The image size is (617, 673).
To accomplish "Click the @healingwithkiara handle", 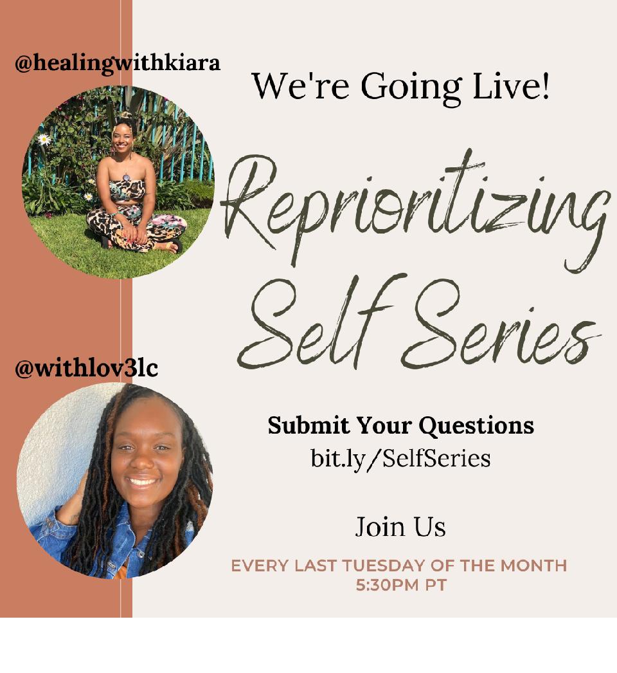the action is click(x=118, y=64).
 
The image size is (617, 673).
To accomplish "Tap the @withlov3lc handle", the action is click(x=86, y=368).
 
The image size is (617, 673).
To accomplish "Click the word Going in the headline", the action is click(x=411, y=88).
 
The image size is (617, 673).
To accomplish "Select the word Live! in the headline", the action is click(x=511, y=85).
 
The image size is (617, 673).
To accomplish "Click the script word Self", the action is click(x=315, y=322).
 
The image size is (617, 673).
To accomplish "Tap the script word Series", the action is click(x=499, y=331).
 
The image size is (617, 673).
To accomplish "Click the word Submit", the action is click(x=308, y=425).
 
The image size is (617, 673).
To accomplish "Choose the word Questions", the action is click(x=476, y=427).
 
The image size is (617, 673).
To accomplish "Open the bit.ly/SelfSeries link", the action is click(x=400, y=458).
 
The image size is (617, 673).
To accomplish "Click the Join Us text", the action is click(x=400, y=527).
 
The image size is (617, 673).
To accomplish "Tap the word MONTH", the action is click(x=534, y=566).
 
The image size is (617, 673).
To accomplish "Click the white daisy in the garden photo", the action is click(x=44, y=139).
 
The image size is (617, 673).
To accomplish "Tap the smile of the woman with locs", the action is click(x=143, y=481).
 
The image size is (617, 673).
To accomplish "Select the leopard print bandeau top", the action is click(x=127, y=190).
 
